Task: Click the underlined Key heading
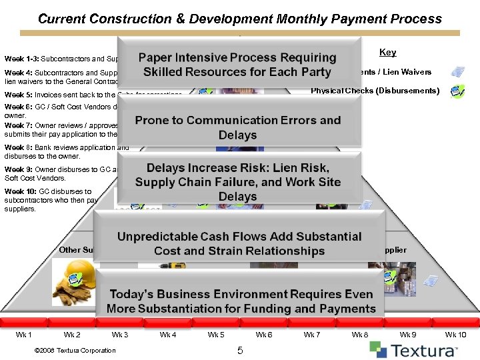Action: point(387,52)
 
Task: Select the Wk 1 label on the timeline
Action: point(23,335)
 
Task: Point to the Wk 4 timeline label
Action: point(168,335)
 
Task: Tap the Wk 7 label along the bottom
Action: point(312,335)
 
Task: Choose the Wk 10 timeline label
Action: point(456,335)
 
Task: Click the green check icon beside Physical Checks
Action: point(457,91)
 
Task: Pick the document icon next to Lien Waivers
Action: point(457,72)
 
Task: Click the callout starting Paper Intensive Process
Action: point(238,65)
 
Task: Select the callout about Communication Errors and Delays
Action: point(238,127)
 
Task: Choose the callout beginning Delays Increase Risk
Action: point(238,182)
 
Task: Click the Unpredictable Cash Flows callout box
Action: point(239,243)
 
